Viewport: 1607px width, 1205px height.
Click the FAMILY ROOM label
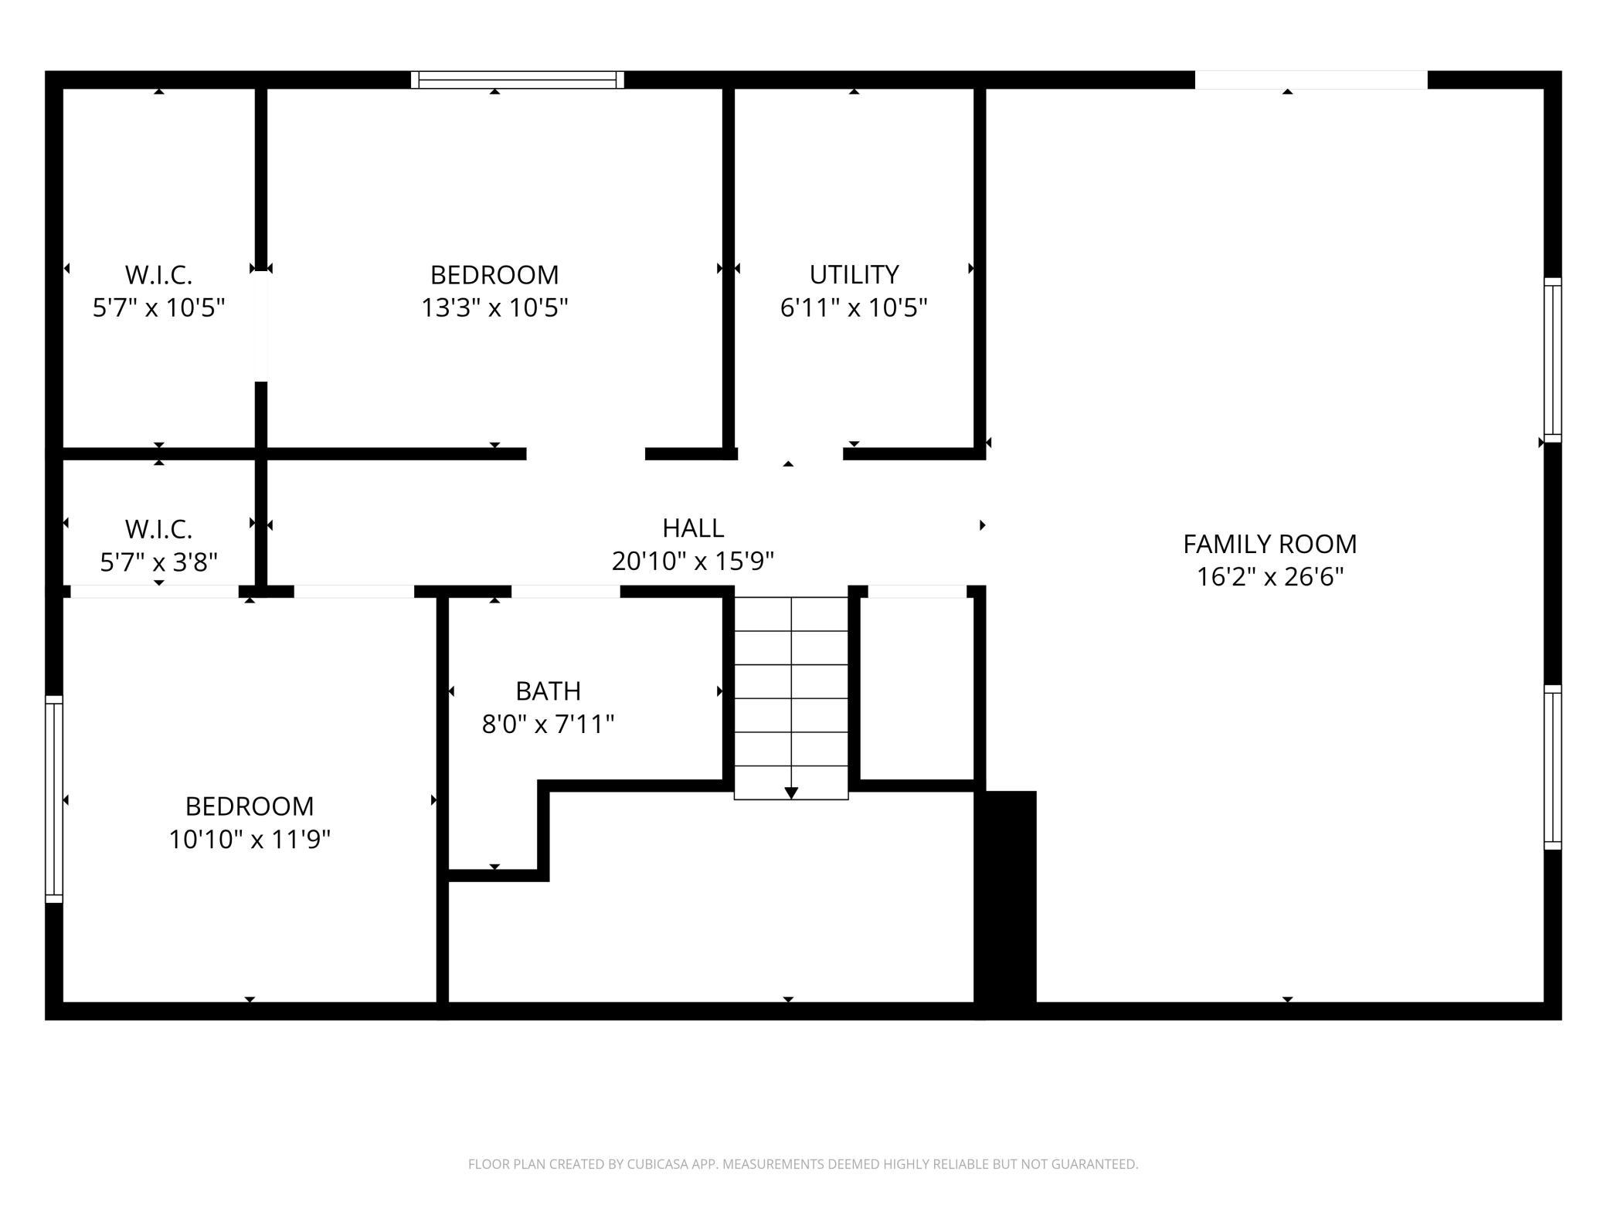point(1269,544)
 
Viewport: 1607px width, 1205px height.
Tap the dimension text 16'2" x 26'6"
point(1269,577)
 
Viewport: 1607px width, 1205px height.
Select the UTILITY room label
point(854,274)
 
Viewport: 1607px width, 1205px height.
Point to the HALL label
point(693,528)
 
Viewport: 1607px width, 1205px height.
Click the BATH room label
point(548,691)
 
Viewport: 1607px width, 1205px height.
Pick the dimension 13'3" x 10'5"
point(494,307)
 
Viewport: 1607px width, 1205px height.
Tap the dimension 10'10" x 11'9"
point(250,839)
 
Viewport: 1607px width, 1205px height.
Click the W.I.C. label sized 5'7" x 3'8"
point(158,529)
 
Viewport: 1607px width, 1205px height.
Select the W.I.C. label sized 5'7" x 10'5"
point(158,274)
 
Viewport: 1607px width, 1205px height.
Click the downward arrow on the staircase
point(791,793)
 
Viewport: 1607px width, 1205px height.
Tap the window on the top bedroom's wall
point(517,80)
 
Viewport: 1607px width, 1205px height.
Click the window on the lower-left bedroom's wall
point(53,799)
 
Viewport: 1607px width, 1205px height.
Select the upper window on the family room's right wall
point(1552,360)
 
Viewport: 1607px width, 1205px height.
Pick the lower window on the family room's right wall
point(1552,767)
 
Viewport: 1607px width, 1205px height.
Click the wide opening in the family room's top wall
point(1310,80)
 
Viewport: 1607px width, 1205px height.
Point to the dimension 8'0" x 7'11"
point(548,725)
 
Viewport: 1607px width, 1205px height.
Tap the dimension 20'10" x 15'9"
point(693,561)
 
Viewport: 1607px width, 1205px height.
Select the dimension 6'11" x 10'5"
point(854,307)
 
